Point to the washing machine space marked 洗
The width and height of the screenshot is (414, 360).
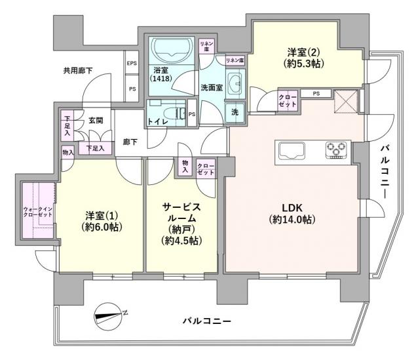click(x=235, y=111)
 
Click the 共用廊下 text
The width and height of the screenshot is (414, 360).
click(x=78, y=70)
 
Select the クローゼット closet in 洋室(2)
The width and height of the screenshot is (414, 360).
click(x=288, y=101)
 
